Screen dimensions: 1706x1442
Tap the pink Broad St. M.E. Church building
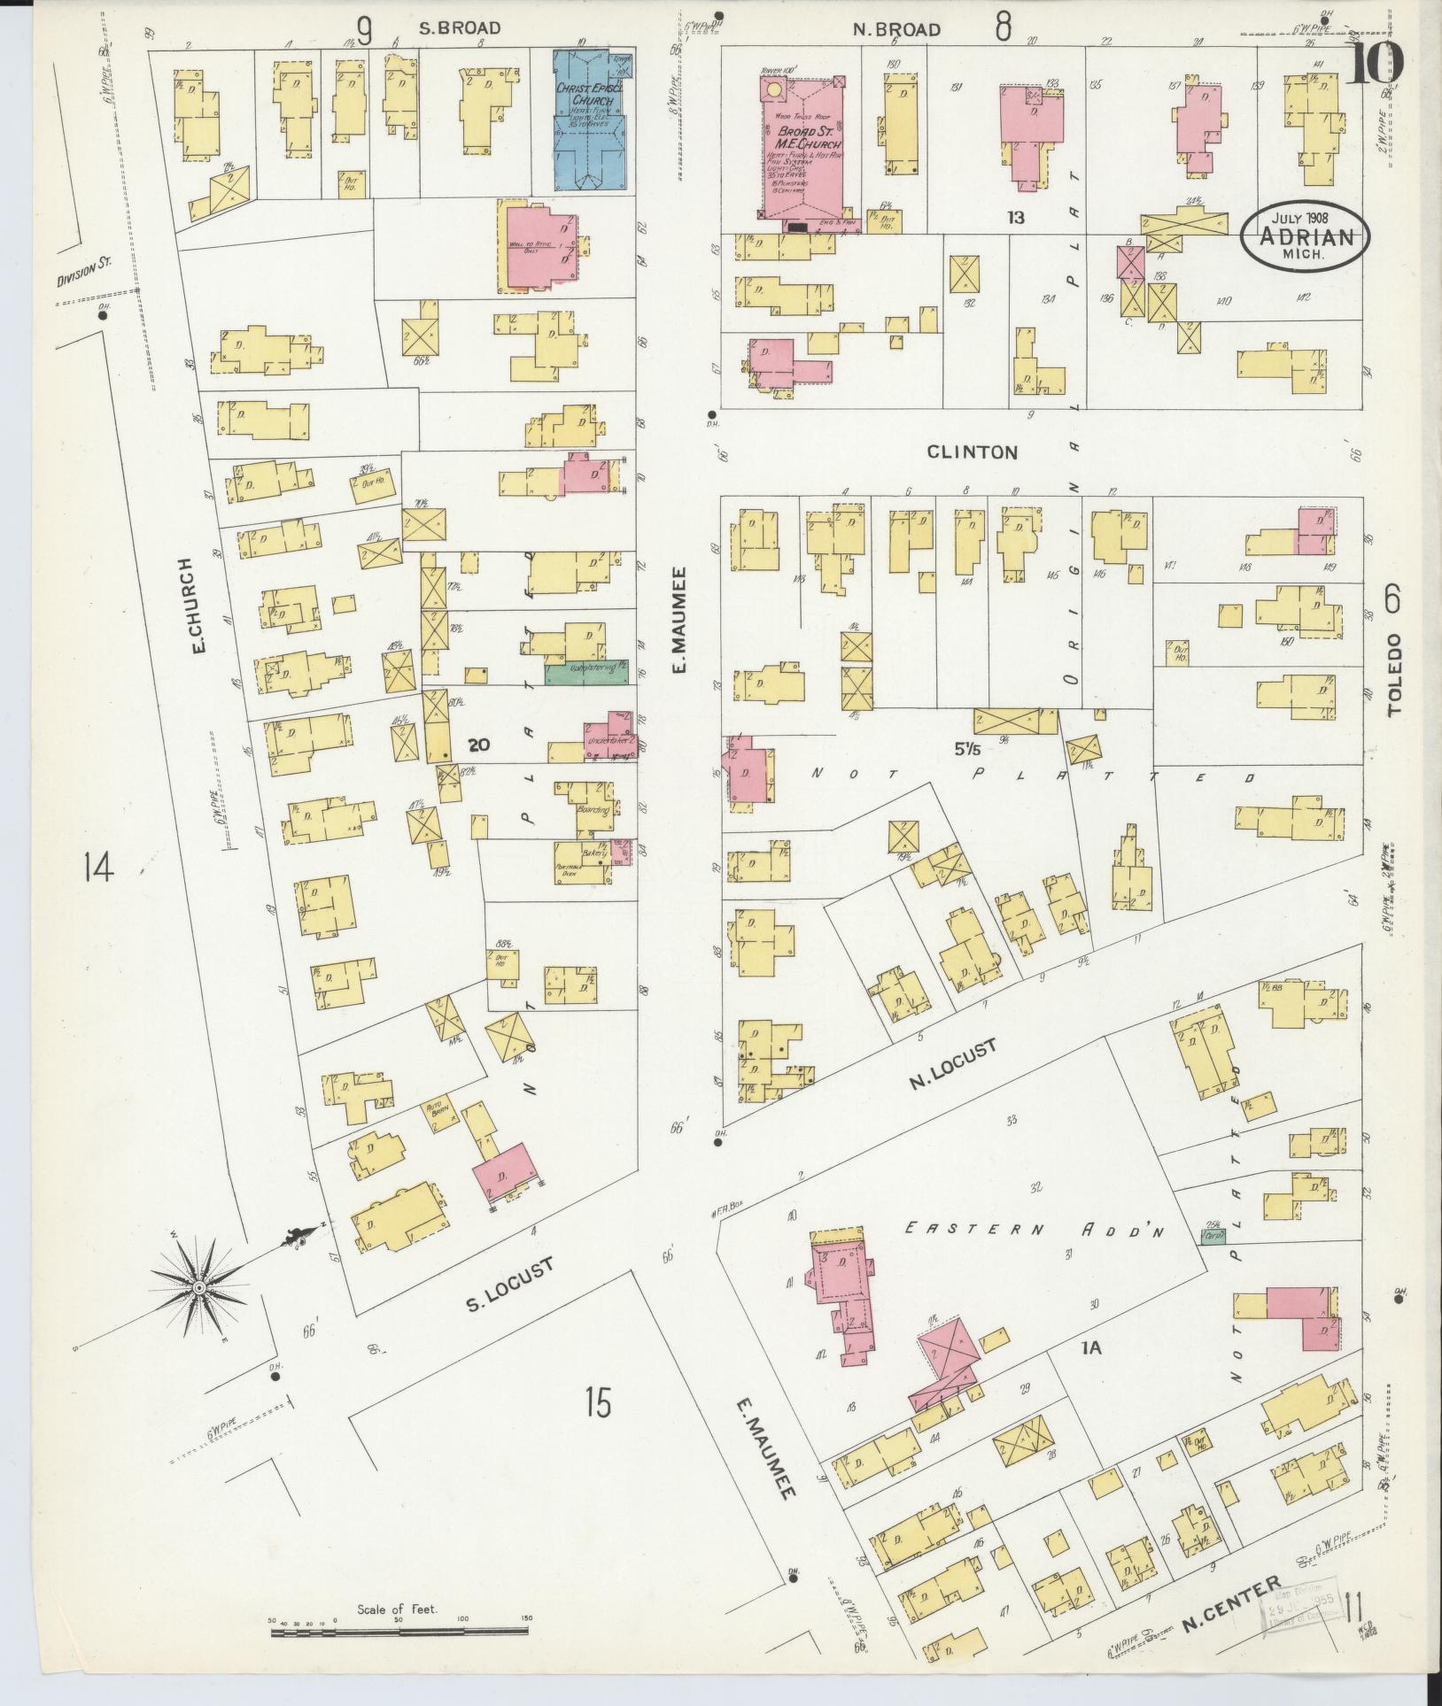click(x=802, y=146)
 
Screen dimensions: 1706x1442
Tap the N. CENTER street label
click(x=1232, y=1602)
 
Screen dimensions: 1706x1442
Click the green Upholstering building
click(x=586, y=673)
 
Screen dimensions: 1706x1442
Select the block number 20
click(x=479, y=745)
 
